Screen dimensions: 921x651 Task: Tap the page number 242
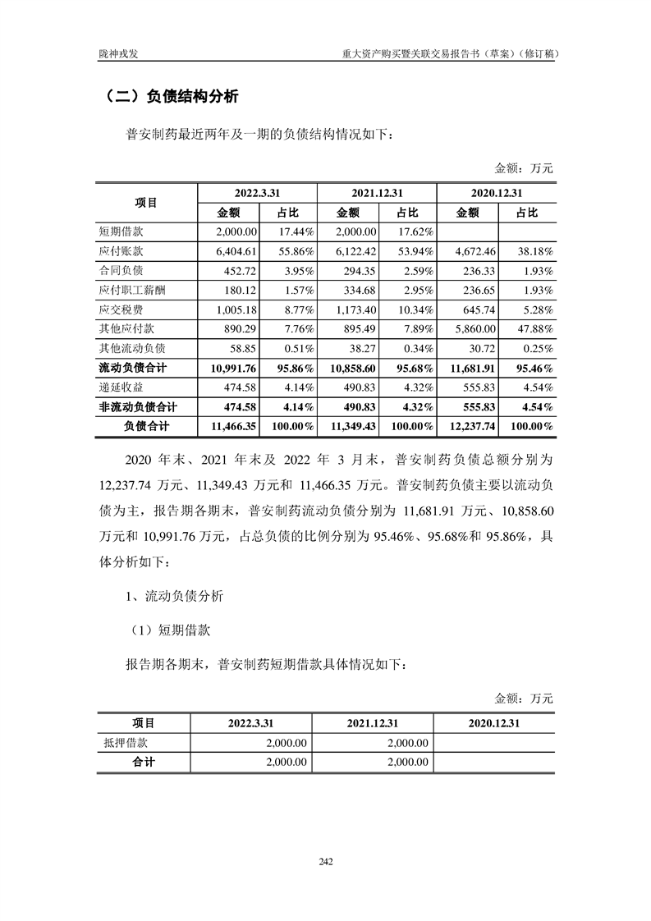click(325, 861)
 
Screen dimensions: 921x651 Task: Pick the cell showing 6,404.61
click(235, 252)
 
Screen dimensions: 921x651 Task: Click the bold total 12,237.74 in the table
click(468, 427)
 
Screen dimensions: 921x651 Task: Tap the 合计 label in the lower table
click(144, 762)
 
